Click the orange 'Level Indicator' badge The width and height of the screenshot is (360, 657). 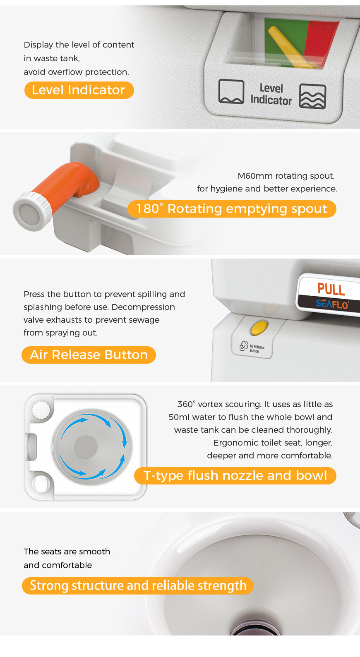pos(79,90)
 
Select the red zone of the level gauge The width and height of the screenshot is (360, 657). pos(321,42)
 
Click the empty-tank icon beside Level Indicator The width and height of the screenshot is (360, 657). pos(231,91)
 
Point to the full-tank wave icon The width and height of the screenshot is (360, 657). pos(312,96)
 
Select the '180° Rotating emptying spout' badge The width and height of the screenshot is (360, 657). pos(232,209)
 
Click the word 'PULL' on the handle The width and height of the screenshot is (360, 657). pos(331,289)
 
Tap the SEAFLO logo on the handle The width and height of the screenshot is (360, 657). pos(332,304)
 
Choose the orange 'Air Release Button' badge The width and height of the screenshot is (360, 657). pos(89,355)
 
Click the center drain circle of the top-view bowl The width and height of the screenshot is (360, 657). pos(86,447)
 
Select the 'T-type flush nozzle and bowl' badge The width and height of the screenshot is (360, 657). pos(235,476)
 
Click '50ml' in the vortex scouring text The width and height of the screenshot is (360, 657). pos(179,417)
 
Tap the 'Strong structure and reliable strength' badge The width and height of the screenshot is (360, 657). pos(138,586)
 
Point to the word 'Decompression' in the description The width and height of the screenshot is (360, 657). pos(143,307)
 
